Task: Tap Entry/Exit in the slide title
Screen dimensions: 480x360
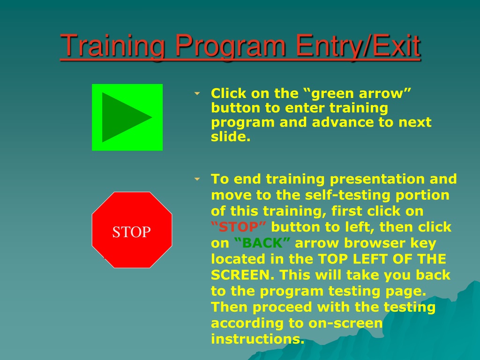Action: click(358, 46)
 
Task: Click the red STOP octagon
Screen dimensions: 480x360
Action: click(132, 230)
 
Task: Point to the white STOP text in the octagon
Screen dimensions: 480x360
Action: click(132, 232)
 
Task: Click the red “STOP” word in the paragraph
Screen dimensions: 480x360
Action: click(239, 227)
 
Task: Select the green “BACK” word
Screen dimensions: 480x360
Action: click(262, 243)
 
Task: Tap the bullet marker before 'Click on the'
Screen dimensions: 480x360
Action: click(197, 93)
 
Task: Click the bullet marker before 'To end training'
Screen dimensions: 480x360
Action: click(197, 179)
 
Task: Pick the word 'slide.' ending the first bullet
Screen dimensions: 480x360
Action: click(231, 136)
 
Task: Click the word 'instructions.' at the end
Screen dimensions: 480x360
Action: click(258, 339)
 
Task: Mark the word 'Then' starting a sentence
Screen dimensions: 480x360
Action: click(229, 307)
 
